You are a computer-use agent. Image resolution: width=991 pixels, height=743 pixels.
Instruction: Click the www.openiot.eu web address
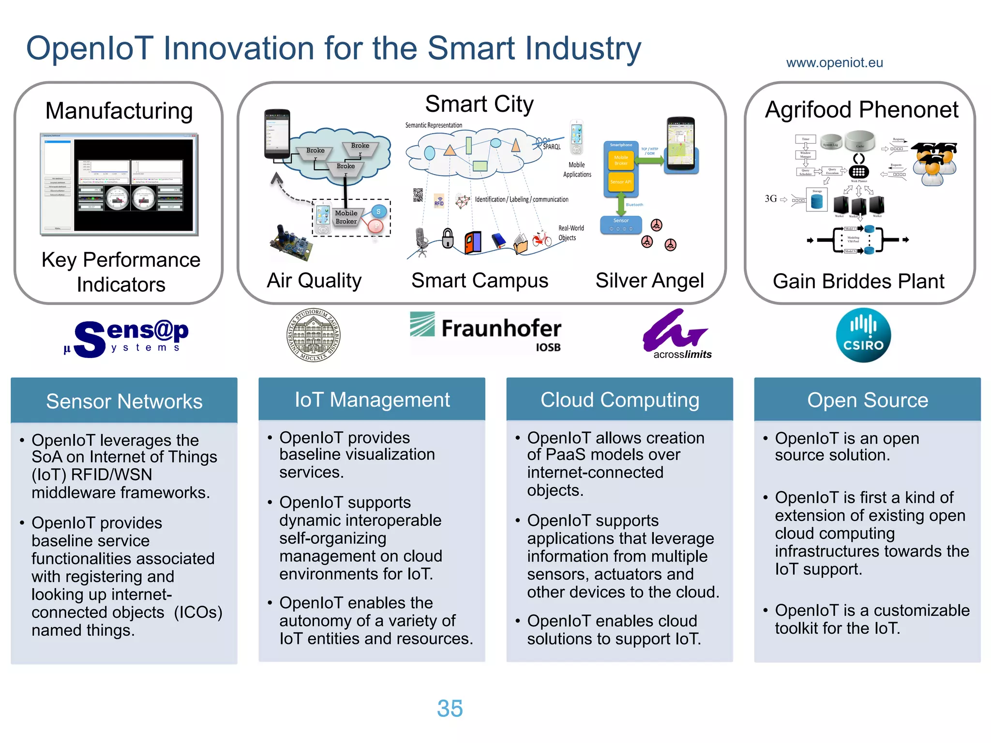coord(834,63)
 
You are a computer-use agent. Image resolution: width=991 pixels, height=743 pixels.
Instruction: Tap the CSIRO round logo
coord(863,335)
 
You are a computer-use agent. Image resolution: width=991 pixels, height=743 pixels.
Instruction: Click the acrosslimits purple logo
coord(676,334)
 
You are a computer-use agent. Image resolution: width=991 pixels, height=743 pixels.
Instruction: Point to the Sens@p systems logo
coord(127,337)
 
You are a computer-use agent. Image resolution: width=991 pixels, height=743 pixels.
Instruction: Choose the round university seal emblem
coord(313,335)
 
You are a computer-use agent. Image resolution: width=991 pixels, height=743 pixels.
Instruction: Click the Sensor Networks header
coord(124,401)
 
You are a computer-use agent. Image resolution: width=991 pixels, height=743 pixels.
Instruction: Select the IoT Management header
coord(372,400)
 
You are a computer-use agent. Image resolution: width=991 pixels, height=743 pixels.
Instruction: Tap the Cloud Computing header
coord(619,400)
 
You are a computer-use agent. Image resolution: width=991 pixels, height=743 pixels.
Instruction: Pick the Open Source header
coord(867,400)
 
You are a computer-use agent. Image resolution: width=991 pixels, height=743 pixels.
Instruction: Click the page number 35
coord(450,708)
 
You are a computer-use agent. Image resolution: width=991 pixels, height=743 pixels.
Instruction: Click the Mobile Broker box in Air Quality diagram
coord(346,217)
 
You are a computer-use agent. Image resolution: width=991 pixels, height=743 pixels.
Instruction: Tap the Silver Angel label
coord(649,281)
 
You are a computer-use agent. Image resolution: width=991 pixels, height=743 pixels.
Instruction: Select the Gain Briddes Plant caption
coord(858,281)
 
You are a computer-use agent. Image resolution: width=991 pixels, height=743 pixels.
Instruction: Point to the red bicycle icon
coord(542,239)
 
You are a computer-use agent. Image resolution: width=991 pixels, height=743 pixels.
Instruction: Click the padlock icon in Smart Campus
coord(448,238)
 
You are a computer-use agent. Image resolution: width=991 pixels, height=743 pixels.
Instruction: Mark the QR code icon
coord(418,194)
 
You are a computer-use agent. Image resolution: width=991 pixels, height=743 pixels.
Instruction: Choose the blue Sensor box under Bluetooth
coord(621,224)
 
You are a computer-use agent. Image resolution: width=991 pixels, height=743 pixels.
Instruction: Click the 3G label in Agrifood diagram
coord(770,199)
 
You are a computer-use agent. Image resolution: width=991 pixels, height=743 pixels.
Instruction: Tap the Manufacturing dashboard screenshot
coord(119,184)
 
